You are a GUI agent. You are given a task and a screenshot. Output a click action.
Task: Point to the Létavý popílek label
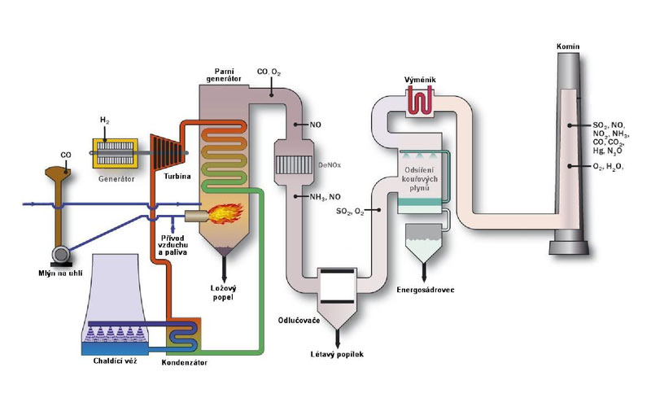[x=333, y=355]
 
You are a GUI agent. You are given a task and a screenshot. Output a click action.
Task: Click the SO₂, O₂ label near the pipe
[x=350, y=212]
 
